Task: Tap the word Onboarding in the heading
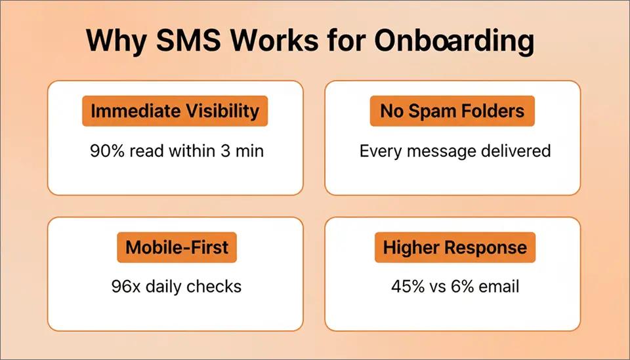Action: (x=454, y=41)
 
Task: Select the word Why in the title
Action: (x=111, y=41)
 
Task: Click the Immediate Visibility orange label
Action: (x=175, y=111)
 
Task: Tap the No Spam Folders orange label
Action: (x=452, y=111)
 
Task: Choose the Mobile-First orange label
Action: (x=177, y=248)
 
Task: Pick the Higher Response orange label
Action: (x=455, y=248)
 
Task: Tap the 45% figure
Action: (x=406, y=287)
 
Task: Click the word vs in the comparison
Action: (x=436, y=287)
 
